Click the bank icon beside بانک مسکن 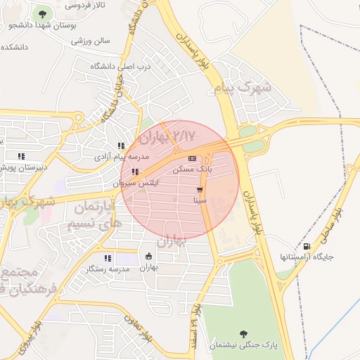[192, 158]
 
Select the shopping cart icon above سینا [200, 190]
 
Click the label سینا [200, 200]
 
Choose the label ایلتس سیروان [137, 183]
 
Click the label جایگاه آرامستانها [307, 257]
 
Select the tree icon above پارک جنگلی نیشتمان [243, 334]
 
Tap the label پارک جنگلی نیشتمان [244, 345]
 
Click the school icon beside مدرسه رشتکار [108, 258]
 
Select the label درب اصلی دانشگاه [121, 66]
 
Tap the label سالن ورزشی [91, 41]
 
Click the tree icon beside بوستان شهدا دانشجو [43, 13]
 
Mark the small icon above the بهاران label [148, 256]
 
